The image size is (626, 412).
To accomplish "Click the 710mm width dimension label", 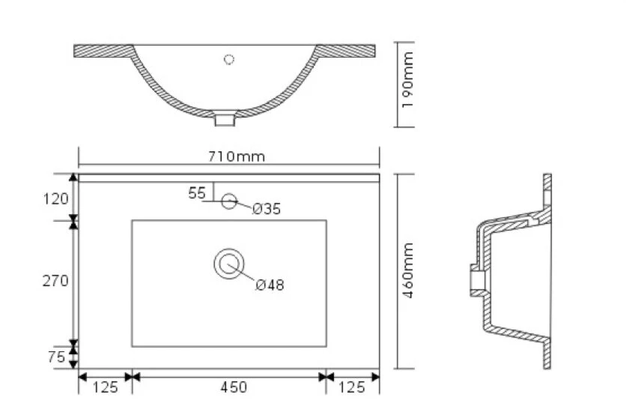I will (228, 156).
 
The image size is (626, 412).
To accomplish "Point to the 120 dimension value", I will (56, 199).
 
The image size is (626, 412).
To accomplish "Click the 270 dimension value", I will (56, 281).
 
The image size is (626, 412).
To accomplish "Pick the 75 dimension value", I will (56, 357).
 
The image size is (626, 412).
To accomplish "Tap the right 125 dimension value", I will (352, 387).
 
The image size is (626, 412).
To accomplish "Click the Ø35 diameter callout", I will (266, 210).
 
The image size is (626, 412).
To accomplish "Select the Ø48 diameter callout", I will (270, 285).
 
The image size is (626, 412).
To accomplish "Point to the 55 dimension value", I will (196, 193).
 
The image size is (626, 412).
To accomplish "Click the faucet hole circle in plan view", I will (229, 201).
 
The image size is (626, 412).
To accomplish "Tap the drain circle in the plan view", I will (228, 265).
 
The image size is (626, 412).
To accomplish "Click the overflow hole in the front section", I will (229, 58).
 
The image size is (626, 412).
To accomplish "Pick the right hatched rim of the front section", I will (348, 51).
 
